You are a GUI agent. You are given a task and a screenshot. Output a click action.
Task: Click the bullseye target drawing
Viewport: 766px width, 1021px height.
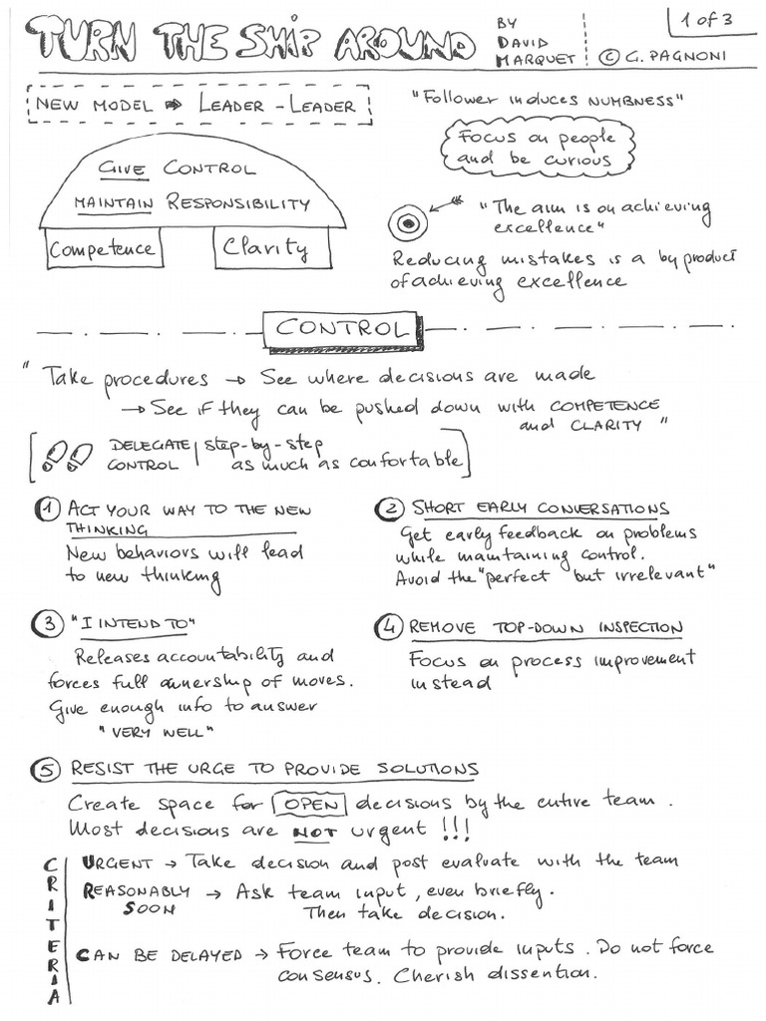point(407,224)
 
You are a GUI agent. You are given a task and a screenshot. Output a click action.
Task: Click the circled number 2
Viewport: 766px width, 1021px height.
point(387,510)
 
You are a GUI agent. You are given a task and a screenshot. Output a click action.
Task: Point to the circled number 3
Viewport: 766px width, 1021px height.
point(48,625)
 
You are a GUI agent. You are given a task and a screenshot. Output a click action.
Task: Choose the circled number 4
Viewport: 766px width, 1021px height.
point(387,627)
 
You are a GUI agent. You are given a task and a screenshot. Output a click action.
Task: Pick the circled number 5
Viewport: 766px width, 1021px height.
point(48,770)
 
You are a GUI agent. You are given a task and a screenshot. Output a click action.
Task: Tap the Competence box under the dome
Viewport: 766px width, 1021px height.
point(103,248)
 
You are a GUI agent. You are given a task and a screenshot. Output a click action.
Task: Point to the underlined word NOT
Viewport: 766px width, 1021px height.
point(311,830)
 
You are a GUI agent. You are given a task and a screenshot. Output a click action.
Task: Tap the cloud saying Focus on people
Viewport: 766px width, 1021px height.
point(538,148)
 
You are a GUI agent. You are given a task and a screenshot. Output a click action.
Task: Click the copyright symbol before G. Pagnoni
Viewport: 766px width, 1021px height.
point(609,58)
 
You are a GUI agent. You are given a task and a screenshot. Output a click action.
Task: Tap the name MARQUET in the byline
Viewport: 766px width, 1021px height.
point(536,59)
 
